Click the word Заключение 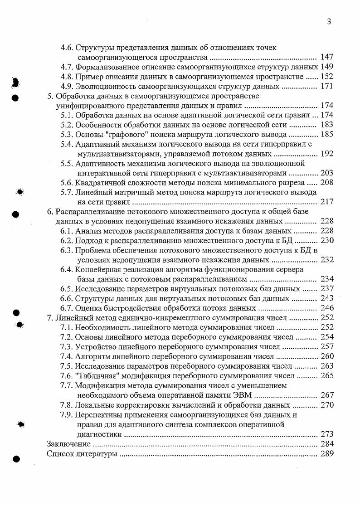click(69, 444)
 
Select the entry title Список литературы click(82, 454)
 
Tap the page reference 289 click(327, 454)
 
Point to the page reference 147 click(327, 57)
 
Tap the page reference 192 click(327, 154)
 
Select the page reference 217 click(327, 202)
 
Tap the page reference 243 click(327, 299)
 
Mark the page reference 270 click(327, 405)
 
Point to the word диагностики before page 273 click(99, 434)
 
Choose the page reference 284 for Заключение click(327, 444)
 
